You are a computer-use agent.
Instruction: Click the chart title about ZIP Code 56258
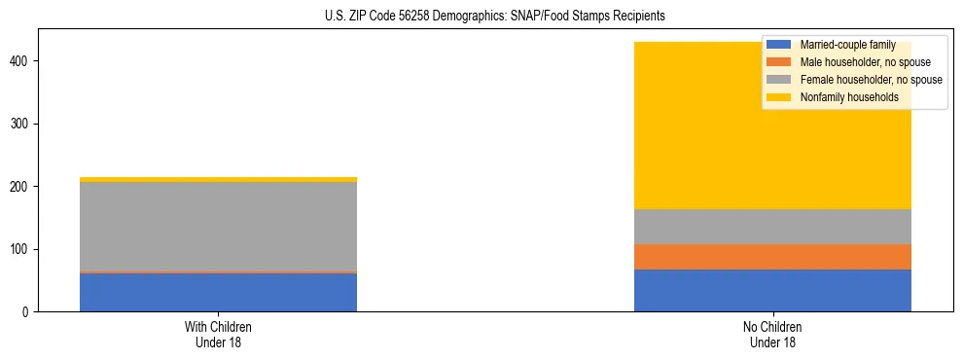pyautogui.click(x=495, y=17)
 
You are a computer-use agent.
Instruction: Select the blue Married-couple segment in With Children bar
pyautogui.click(x=218, y=293)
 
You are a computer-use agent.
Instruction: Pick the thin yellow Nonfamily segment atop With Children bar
pyautogui.click(x=218, y=180)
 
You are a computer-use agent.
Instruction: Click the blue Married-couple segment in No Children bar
pyautogui.click(x=772, y=290)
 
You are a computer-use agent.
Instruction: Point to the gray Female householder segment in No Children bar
pyautogui.click(x=772, y=227)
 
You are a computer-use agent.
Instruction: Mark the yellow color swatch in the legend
pyautogui.click(x=779, y=97)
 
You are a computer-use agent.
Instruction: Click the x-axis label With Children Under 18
pyautogui.click(x=218, y=335)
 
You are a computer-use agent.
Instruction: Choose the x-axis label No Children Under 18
pyautogui.click(x=772, y=335)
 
